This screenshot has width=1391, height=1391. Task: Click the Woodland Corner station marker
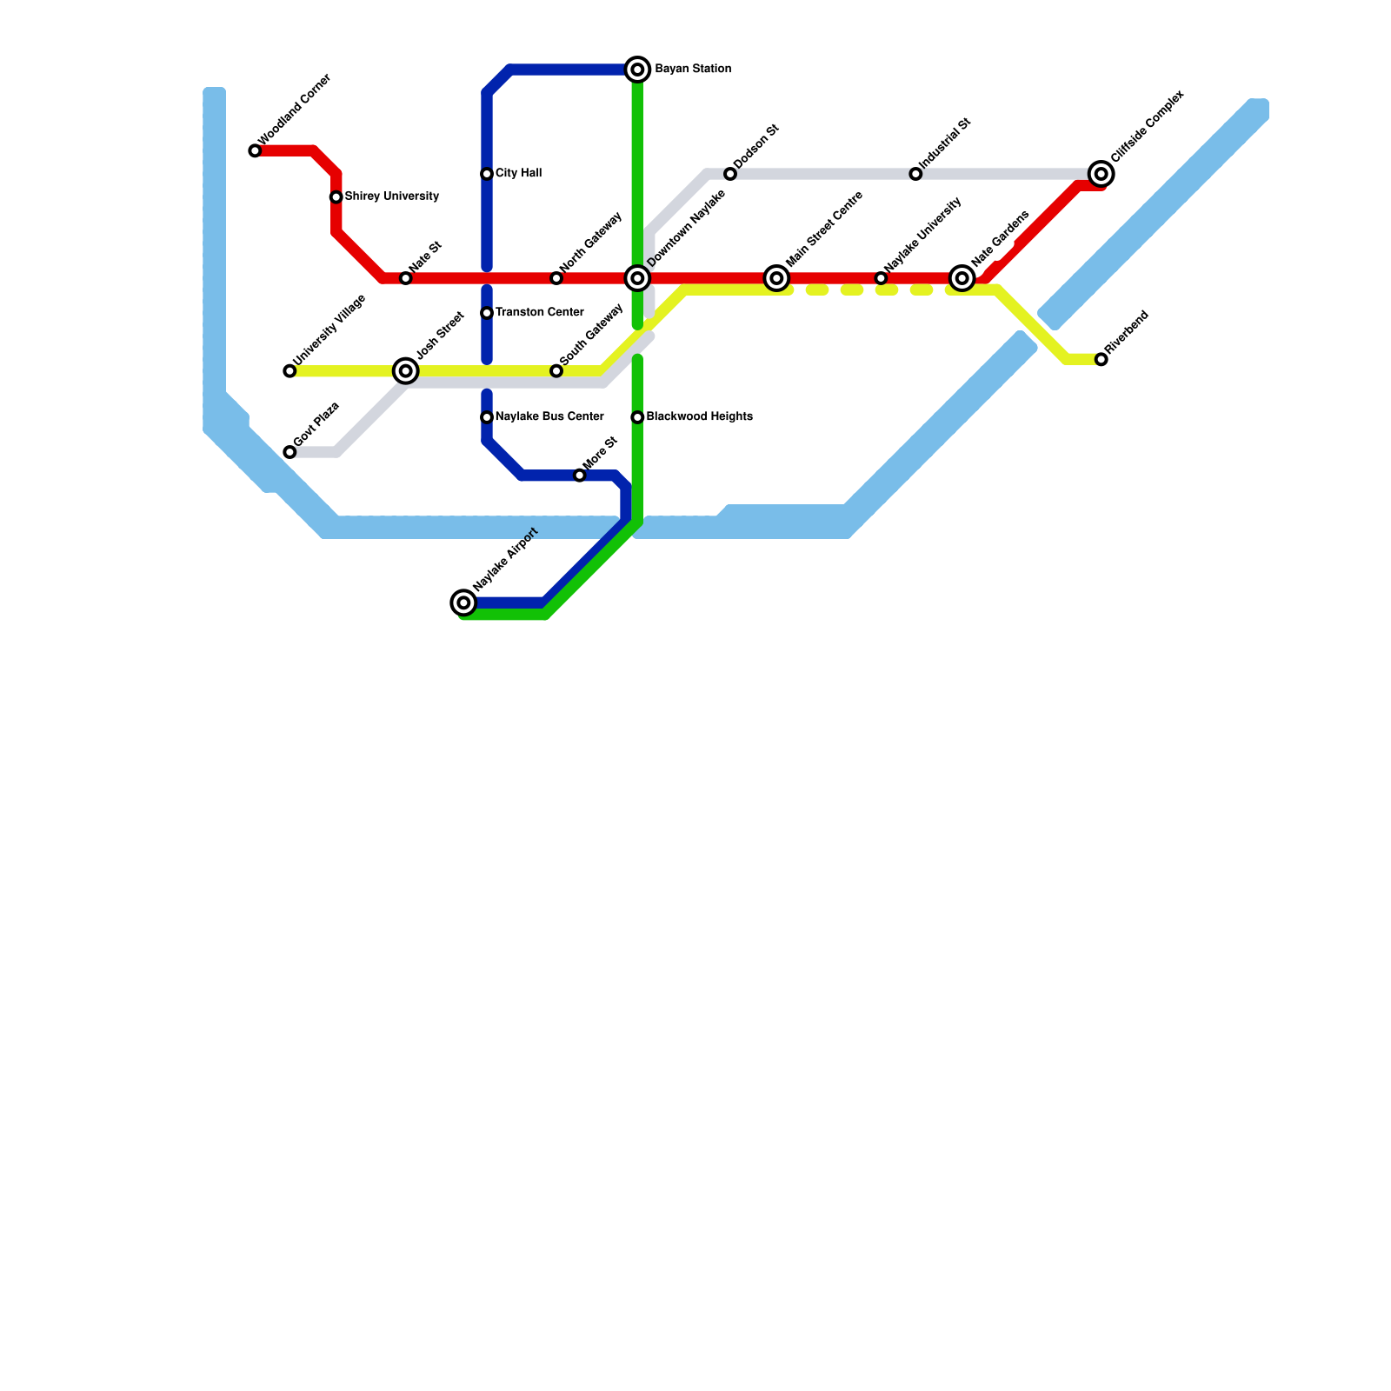coord(255,151)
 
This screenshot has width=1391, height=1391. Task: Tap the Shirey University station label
coord(391,196)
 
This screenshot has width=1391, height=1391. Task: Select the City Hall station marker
coord(487,174)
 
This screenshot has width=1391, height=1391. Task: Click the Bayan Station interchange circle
coord(637,70)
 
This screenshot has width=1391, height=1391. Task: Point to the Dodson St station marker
coord(730,174)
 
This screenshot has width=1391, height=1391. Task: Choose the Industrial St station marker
coord(915,174)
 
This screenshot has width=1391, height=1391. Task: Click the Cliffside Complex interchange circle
coord(1101,174)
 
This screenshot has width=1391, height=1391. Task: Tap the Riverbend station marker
coord(1101,359)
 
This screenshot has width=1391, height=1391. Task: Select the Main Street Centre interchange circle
coord(777,278)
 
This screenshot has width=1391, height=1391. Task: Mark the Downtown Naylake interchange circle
coord(637,278)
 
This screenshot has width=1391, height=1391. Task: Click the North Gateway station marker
coord(556,278)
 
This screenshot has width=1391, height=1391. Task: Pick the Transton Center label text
coord(539,313)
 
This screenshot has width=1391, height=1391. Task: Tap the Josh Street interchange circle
coord(406,371)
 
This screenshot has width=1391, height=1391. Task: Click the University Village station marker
coord(290,371)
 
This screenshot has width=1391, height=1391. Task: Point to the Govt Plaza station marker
coord(290,452)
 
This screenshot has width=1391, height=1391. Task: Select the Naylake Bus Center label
coord(549,417)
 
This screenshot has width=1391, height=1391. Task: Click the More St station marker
coord(580,476)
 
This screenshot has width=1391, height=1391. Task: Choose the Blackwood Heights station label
coord(699,417)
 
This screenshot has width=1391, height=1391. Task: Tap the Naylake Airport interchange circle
coord(464,602)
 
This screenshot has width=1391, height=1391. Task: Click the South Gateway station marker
coord(556,371)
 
